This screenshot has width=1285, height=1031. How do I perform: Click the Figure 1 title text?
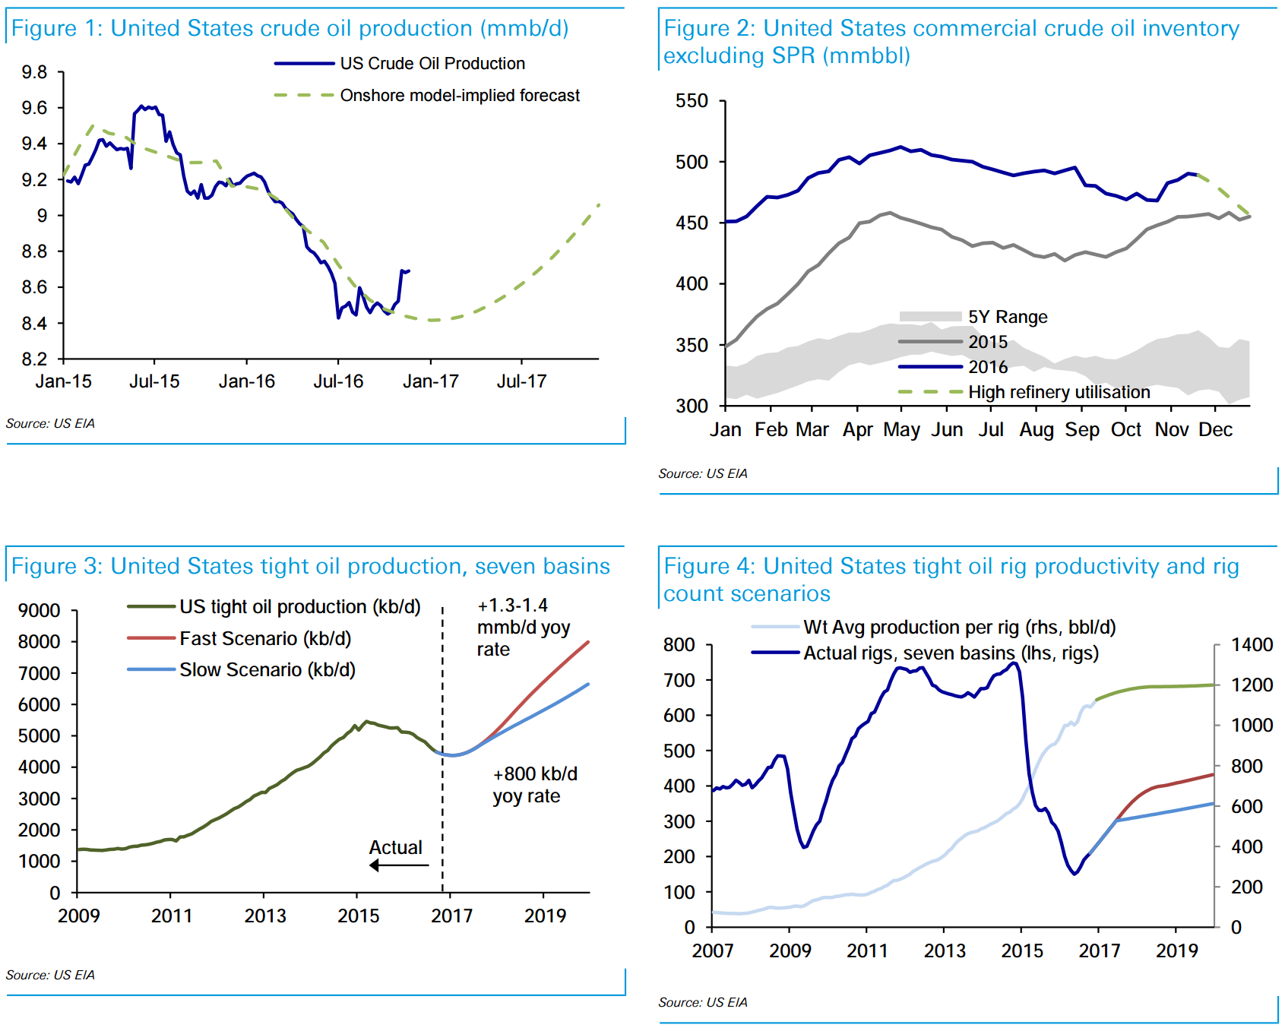[x=290, y=29]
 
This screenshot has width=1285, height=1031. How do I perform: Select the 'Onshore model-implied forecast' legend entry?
[x=459, y=96]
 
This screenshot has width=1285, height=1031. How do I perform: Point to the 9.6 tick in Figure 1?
[x=34, y=108]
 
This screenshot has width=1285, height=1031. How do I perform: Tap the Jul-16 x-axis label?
[x=338, y=381]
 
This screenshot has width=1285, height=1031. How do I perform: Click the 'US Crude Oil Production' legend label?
[x=432, y=64]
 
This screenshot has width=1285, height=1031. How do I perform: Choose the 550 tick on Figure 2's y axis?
[x=692, y=101]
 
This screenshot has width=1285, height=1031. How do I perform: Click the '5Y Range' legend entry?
[x=1007, y=317]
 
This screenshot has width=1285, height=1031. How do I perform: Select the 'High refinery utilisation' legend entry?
[x=1059, y=392]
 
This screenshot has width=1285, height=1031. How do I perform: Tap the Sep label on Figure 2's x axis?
[x=1082, y=430]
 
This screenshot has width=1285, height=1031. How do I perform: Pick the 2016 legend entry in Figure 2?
[x=987, y=367]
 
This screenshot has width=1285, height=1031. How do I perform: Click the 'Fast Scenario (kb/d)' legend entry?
[x=264, y=639]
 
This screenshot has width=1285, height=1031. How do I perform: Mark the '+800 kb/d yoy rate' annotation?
[x=535, y=785]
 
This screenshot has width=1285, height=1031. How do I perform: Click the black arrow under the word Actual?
[x=399, y=865]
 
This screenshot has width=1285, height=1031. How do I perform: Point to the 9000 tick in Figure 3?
[x=40, y=611]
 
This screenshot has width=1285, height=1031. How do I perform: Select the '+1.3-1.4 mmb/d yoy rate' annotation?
[x=524, y=628]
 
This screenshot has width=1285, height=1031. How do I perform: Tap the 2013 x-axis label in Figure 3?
[x=265, y=916]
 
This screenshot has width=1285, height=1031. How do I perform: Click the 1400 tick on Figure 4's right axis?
[x=1252, y=645]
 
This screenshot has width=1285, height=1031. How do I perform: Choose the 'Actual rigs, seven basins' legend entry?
[x=951, y=653]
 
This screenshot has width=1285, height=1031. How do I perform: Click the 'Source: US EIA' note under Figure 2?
[x=703, y=473]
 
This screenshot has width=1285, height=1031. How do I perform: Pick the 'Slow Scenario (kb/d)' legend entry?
[x=267, y=670]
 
